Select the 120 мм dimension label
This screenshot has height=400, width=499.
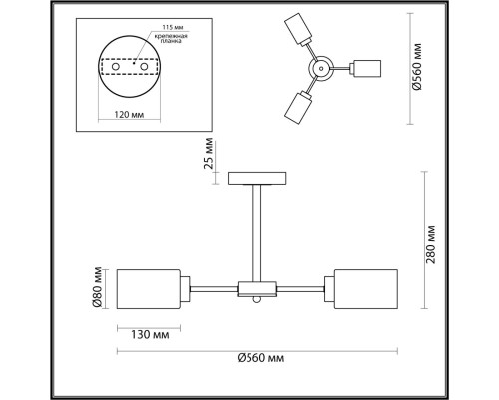coord(128,115)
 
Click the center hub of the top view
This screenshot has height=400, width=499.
coord(323,69)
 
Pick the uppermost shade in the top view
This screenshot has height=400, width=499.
coord(295,30)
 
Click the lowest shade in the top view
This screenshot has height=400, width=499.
coord(295,106)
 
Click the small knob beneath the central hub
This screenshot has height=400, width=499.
coord(257,299)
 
